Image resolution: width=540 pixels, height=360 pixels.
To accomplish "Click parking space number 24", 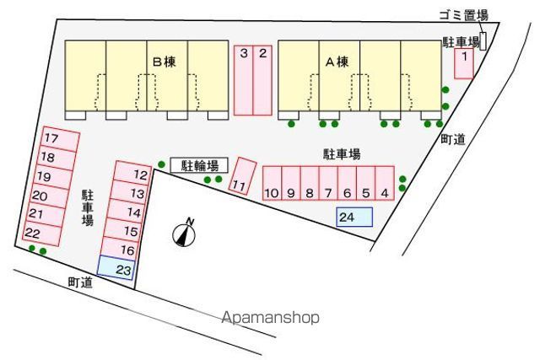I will click(x=354, y=217).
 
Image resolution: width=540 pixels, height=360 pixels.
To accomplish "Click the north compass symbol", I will click(x=185, y=234).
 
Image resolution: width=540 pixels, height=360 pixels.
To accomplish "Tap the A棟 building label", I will click(x=337, y=62).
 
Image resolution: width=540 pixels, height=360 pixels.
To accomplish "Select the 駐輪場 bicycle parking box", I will click(x=199, y=166).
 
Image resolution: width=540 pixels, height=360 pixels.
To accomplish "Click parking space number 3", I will click(x=243, y=79).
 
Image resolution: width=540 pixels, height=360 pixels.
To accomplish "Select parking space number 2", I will click(x=263, y=79).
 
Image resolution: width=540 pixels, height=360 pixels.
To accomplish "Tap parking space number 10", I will click(x=272, y=182).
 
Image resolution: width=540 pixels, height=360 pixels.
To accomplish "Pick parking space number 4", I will click(x=385, y=182).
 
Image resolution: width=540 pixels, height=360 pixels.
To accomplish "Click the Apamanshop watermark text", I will click(x=271, y=319).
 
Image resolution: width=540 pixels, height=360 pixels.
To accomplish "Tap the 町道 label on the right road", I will click(x=453, y=141).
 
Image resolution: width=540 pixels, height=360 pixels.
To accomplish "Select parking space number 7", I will click(x=328, y=182).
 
